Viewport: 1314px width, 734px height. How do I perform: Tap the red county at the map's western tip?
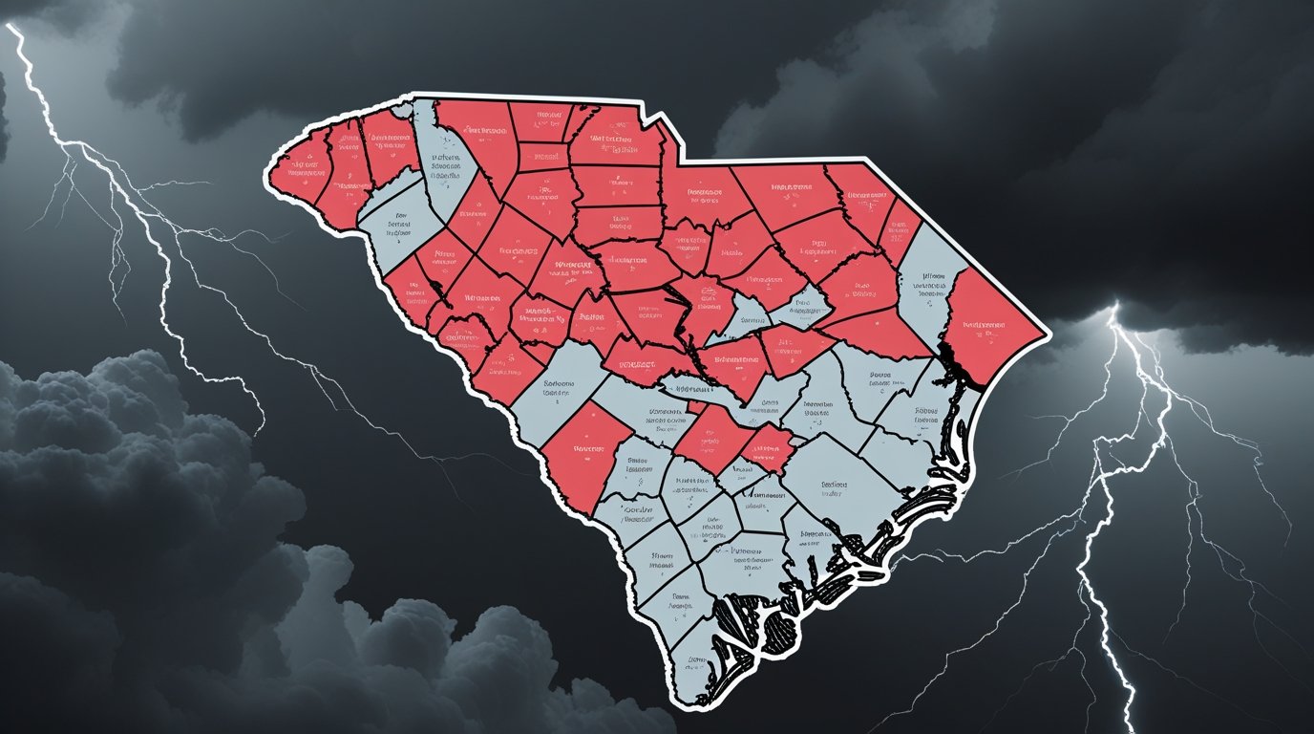pos(301,172)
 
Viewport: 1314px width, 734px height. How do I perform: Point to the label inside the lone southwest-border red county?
pos(584,447)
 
